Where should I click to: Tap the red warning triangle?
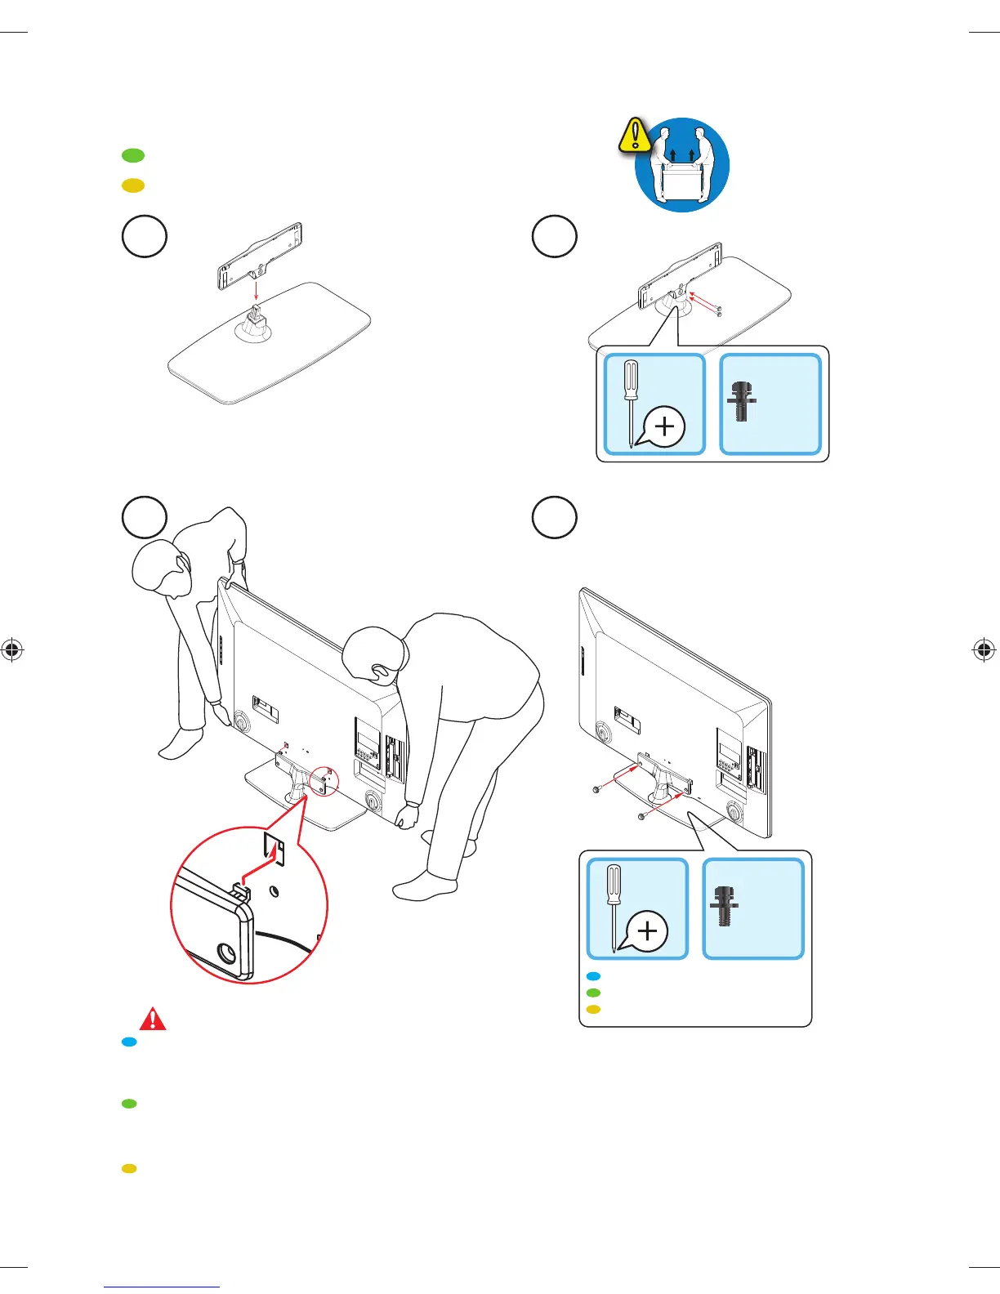(153, 1020)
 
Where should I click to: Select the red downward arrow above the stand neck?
(256, 291)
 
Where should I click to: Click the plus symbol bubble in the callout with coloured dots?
(648, 931)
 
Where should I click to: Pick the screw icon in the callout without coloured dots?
(741, 401)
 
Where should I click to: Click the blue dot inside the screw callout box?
(594, 976)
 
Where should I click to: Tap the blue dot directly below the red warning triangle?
(129, 1042)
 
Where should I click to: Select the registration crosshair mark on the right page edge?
(984, 650)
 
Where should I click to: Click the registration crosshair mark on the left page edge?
(11, 650)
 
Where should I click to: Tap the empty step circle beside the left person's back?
(145, 517)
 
